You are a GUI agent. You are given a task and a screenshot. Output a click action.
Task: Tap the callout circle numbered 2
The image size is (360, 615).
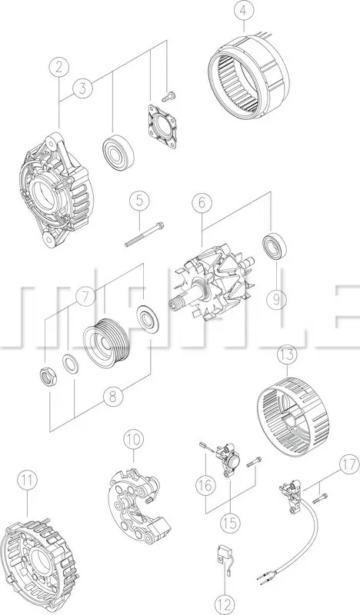(x=59, y=68)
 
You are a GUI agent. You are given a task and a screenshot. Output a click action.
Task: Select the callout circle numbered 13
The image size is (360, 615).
(x=287, y=355)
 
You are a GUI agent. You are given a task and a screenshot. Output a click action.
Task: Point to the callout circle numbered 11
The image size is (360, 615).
(x=28, y=480)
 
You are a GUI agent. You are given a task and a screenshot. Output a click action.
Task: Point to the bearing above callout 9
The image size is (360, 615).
(x=273, y=246)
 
